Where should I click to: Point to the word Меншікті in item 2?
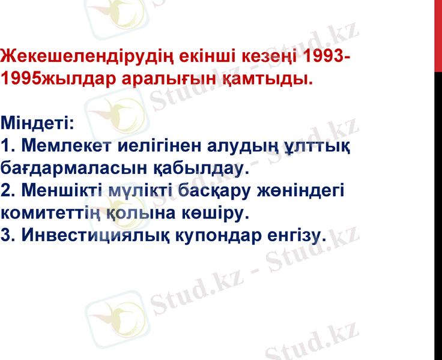63,191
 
